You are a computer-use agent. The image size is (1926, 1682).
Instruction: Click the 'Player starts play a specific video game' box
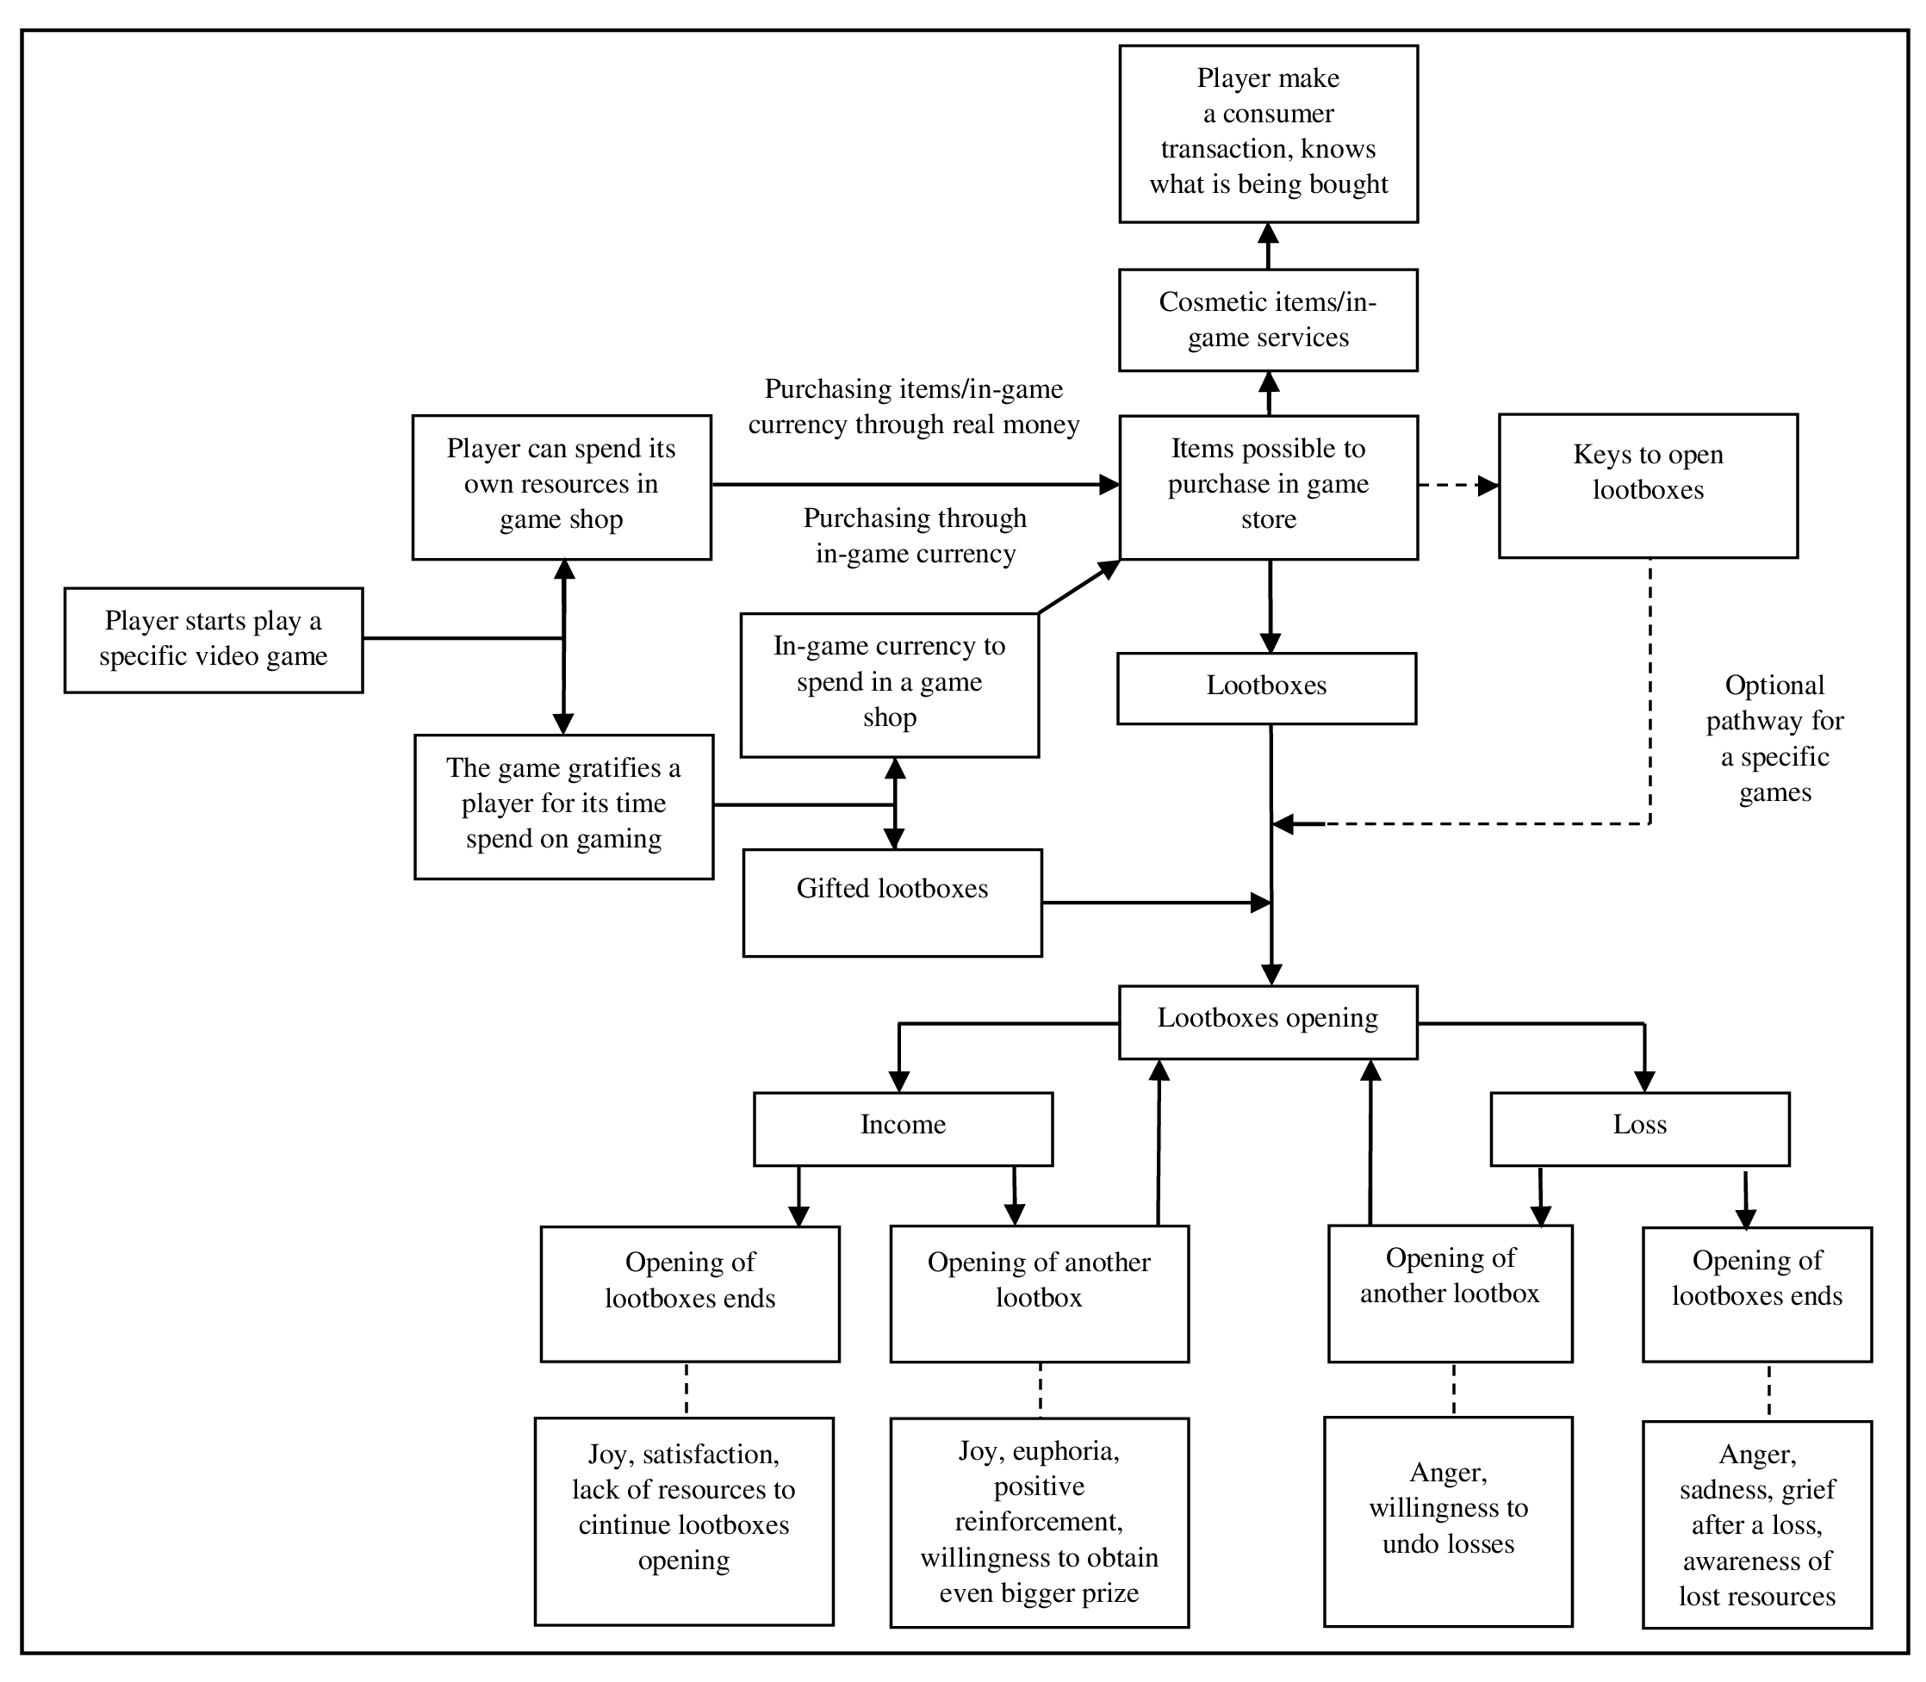tap(213, 640)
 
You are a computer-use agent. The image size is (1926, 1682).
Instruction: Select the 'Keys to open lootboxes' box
tap(1648, 487)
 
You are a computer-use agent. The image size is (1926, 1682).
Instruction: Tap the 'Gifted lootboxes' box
tap(892, 903)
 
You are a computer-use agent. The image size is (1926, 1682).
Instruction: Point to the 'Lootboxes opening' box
tap(1268, 1022)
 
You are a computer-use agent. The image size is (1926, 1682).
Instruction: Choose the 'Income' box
tap(903, 1129)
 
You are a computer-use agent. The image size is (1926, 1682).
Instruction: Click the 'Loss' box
tap(1640, 1129)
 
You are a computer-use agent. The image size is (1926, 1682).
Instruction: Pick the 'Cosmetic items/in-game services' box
tap(1268, 320)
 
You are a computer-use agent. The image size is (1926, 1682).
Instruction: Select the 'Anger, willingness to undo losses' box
tap(1448, 1522)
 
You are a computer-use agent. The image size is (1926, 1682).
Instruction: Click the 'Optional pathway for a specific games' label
tap(1775, 739)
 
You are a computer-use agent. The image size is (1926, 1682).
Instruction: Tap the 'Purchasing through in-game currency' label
tap(915, 536)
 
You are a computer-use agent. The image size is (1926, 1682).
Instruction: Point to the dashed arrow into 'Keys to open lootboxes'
tap(1458, 485)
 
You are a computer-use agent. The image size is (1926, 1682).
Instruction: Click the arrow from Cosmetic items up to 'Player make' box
tap(1268, 246)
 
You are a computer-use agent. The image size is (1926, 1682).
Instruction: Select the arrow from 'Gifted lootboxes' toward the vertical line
tap(1156, 903)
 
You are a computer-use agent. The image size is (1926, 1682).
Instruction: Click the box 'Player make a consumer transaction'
tap(1268, 134)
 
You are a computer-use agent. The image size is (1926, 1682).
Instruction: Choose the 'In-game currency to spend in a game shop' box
tap(890, 686)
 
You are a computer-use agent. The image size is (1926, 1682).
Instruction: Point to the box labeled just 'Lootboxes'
tap(1266, 688)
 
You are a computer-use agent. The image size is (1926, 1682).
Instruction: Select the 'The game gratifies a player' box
tap(563, 806)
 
